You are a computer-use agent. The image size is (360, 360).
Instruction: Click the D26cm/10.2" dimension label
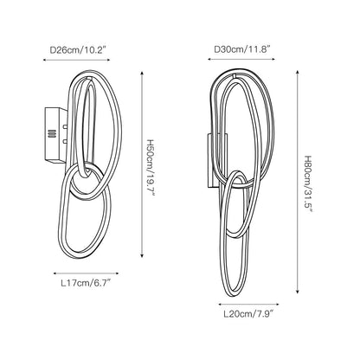(x=77, y=50)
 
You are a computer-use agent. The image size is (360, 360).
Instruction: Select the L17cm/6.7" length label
(x=87, y=283)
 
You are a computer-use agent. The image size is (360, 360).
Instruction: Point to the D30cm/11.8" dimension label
(x=242, y=49)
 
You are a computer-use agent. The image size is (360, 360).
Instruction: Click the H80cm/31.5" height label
(x=308, y=184)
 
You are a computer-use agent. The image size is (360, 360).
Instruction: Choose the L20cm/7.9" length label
(x=248, y=314)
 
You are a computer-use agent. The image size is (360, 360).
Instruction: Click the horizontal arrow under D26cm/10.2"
(x=77, y=60)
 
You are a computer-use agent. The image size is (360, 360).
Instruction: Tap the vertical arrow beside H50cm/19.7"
(x=142, y=164)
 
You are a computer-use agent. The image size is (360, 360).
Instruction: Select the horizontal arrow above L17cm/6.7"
(x=87, y=273)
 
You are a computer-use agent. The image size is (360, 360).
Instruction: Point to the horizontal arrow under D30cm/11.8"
(x=241, y=59)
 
